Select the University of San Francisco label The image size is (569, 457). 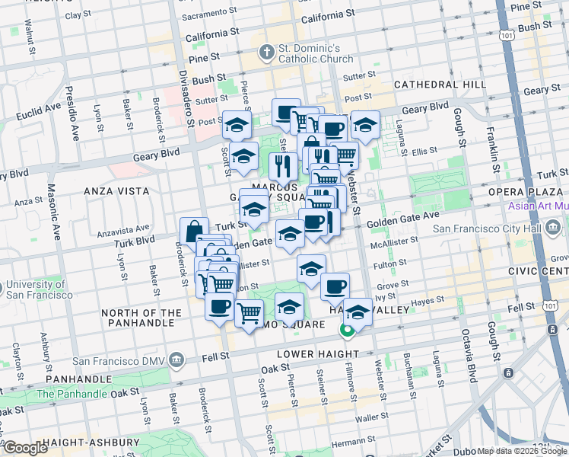point(40,289)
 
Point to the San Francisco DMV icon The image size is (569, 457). point(176,359)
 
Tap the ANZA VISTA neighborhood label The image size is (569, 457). point(116,190)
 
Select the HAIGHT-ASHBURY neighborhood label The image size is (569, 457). point(91,443)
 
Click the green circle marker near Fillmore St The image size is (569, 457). point(346,331)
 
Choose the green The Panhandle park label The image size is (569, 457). point(71,394)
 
